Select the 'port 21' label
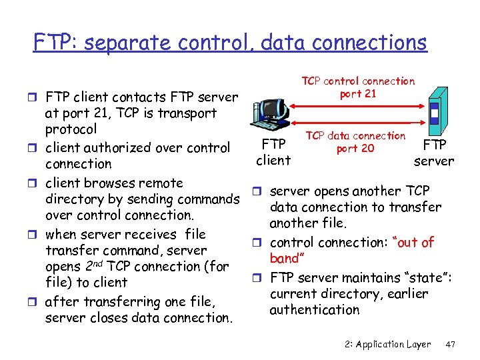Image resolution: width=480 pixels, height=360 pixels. click(x=358, y=94)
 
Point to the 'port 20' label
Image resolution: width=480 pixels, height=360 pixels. click(x=355, y=148)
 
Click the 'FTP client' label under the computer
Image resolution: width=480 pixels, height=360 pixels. click(x=273, y=152)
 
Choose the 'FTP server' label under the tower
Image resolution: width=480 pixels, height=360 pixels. click(x=433, y=153)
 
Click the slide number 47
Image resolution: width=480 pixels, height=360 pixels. click(x=450, y=344)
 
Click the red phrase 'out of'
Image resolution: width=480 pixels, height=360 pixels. click(x=417, y=242)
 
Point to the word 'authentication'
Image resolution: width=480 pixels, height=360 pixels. click(x=314, y=309)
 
